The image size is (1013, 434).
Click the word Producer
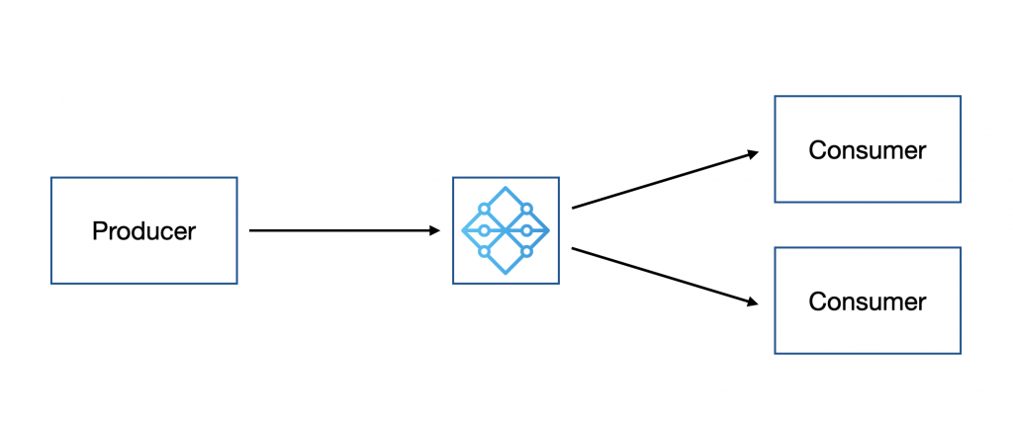[x=143, y=231]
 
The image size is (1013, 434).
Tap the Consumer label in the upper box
[x=868, y=150]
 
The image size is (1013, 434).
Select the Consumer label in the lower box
[x=868, y=302]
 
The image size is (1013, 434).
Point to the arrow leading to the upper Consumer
[x=663, y=180]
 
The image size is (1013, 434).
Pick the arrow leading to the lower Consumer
[x=663, y=276]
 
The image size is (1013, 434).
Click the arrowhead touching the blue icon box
[x=434, y=230]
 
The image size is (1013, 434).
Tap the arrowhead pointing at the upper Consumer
[x=753, y=153]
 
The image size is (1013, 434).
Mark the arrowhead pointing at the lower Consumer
[x=753, y=302]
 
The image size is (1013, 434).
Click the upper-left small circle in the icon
[x=484, y=209]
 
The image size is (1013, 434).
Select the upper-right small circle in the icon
[x=527, y=209]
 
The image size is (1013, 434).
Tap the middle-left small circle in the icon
[x=484, y=230]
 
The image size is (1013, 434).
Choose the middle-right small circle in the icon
[x=527, y=230]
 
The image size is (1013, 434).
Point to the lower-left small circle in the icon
[x=484, y=252]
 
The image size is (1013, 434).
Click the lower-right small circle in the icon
[x=527, y=252]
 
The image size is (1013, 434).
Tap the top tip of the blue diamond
[x=506, y=188]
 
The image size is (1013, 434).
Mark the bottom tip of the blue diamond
[x=506, y=273]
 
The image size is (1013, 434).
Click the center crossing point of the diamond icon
[x=506, y=230]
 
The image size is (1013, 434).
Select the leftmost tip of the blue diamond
[x=463, y=230]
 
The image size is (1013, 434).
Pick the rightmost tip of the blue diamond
[x=548, y=230]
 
